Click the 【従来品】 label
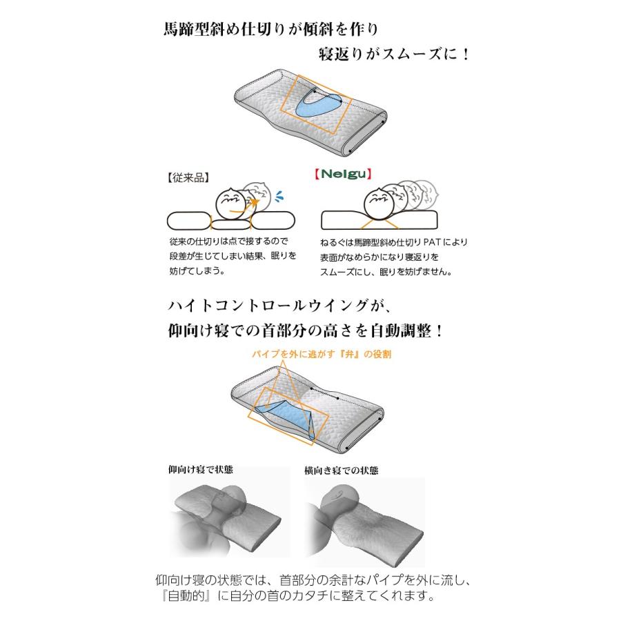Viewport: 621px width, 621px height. pyautogui.click(x=188, y=177)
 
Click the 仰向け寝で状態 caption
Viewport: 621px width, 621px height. pyautogui.click(x=201, y=470)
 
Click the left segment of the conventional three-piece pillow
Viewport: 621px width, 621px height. pyautogui.click(x=188, y=221)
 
